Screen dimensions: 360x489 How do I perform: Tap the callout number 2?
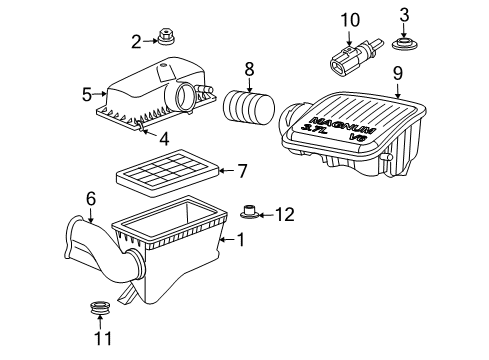point(135,41)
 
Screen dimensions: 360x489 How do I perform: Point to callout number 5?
point(87,95)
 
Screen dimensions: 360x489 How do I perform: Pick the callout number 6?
point(90,199)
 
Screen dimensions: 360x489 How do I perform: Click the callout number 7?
point(241,170)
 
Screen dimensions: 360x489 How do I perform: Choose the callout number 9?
point(397,72)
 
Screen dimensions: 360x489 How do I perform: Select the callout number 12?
point(286,212)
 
